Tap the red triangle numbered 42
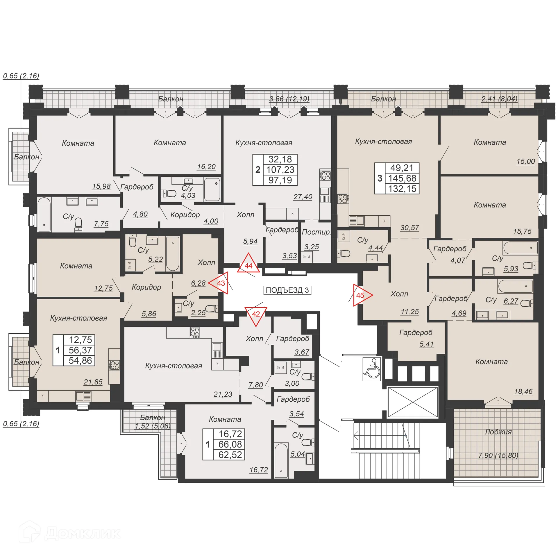(256, 315)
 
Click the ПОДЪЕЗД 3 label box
(287, 290)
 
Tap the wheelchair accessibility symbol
(372, 369)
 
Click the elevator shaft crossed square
(413, 402)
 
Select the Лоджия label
(498, 432)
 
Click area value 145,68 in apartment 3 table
(402, 178)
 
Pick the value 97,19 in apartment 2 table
(280, 180)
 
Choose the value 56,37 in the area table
(80, 350)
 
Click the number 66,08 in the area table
(230, 444)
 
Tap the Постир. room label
(316, 232)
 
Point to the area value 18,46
(523, 391)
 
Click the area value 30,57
(409, 228)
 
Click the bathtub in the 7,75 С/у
(44, 214)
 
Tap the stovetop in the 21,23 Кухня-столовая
(195, 332)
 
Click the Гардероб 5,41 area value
(426, 344)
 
